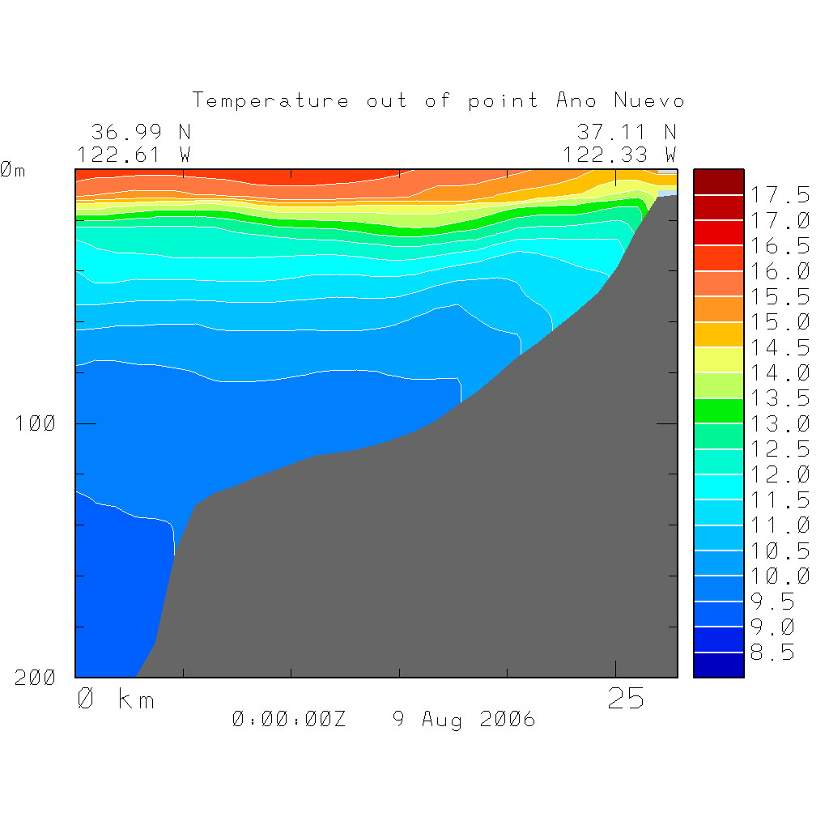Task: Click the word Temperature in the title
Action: [x=270, y=101]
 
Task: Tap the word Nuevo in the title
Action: [x=649, y=101]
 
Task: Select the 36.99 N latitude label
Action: [x=141, y=132]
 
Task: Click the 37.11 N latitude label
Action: [x=627, y=132]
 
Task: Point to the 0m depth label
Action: [x=12, y=170]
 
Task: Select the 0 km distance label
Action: [x=116, y=699]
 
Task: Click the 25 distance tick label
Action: [x=627, y=699]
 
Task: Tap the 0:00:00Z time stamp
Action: [x=289, y=719]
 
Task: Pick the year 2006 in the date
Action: [x=507, y=719]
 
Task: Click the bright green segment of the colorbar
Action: [x=718, y=411]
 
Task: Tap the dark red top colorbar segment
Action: [x=718, y=182]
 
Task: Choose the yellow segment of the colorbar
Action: [x=718, y=360]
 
